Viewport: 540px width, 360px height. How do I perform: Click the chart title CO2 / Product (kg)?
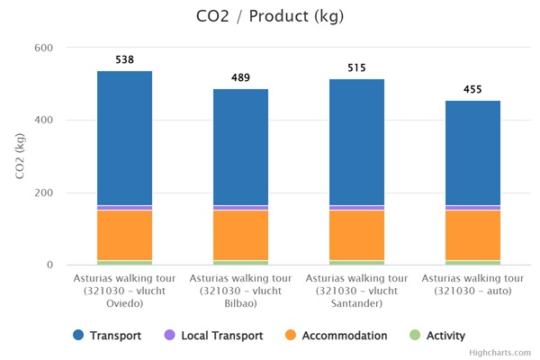coord(270,16)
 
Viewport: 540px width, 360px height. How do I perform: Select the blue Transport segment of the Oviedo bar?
coord(124,138)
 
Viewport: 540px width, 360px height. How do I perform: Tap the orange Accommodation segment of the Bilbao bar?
coord(240,235)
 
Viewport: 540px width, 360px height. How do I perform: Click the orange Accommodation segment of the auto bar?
coord(472,235)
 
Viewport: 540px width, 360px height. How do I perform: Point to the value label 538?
coord(124,60)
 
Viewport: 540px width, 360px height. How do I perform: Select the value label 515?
coord(356,68)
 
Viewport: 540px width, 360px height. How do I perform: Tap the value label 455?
coord(472,90)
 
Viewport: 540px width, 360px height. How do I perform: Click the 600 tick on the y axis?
coord(44,48)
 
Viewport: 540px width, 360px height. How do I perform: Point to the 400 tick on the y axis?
coord(44,121)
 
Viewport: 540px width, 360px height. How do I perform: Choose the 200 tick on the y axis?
coord(44,193)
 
